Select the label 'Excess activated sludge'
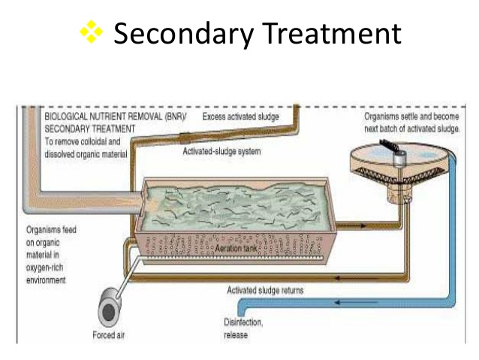coord(241,118)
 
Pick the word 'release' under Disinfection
coord(235,335)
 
